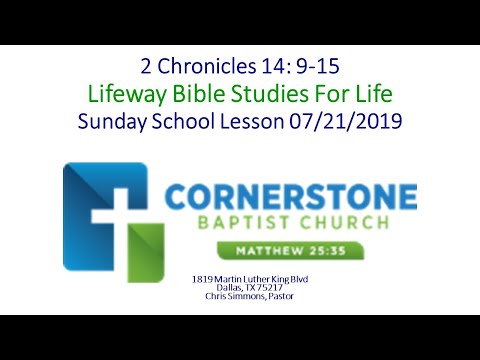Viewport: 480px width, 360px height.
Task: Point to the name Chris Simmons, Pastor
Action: [241, 295]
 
